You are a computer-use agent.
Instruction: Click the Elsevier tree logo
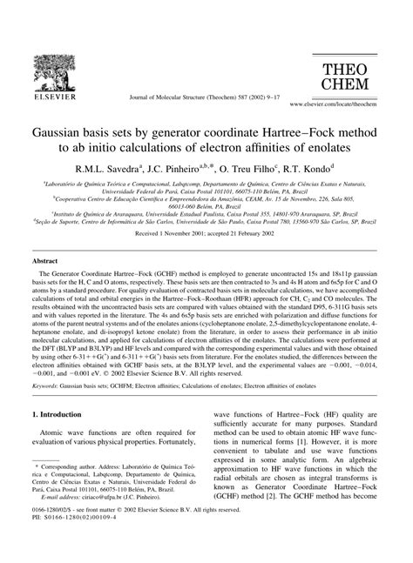click(x=39, y=39)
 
